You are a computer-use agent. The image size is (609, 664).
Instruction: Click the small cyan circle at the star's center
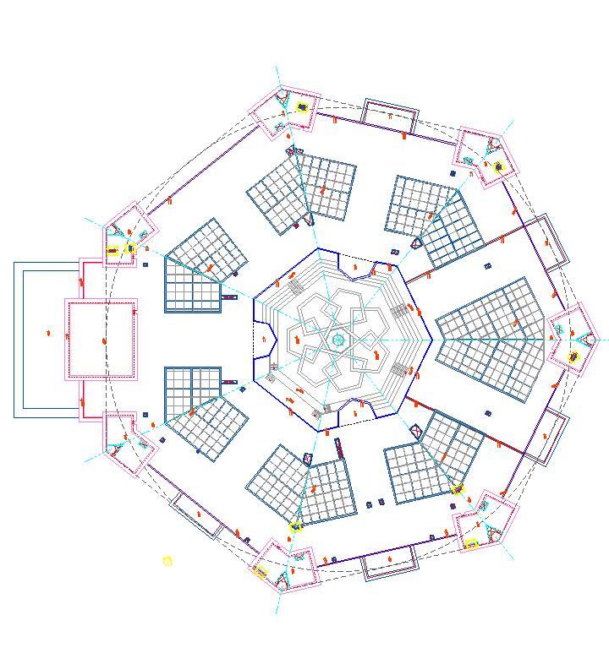pyautogui.click(x=338, y=340)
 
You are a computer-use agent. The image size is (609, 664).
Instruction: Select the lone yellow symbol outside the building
pyautogui.click(x=167, y=561)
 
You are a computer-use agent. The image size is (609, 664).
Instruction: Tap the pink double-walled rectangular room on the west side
pyautogui.click(x=101, y=340)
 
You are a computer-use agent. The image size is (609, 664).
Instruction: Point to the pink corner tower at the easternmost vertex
pyautogui.click(x=573, y=340)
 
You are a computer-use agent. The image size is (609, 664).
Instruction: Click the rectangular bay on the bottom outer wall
pyautogui.click(x=390, y=562)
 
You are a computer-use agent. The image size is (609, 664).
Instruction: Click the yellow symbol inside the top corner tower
pyautogui.click(x=303, y=107)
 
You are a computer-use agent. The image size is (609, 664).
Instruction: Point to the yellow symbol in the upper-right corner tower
pyautogui.click(x=498, y=166)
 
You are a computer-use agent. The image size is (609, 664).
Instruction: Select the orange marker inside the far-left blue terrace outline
pyautogui.click(x=48, y=334)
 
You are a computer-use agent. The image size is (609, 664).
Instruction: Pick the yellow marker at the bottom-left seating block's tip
pyautogui.click(x=295, y=527)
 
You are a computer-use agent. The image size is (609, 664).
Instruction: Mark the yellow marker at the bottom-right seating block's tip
pyautogui.click(x=458, y=489)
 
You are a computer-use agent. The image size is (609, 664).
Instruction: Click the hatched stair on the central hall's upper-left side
pyautogui.click(x=295, y=287)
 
